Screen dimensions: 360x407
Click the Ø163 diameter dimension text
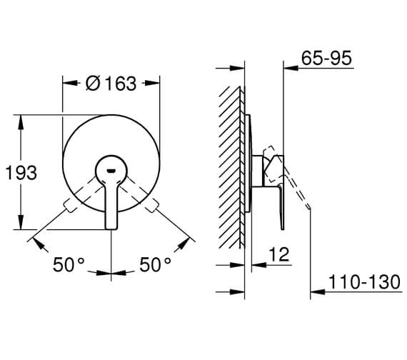(111, 83)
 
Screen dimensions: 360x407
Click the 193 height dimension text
(21, 172)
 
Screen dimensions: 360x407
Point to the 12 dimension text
(279, 255)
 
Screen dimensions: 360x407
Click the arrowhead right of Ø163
(154, 83)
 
